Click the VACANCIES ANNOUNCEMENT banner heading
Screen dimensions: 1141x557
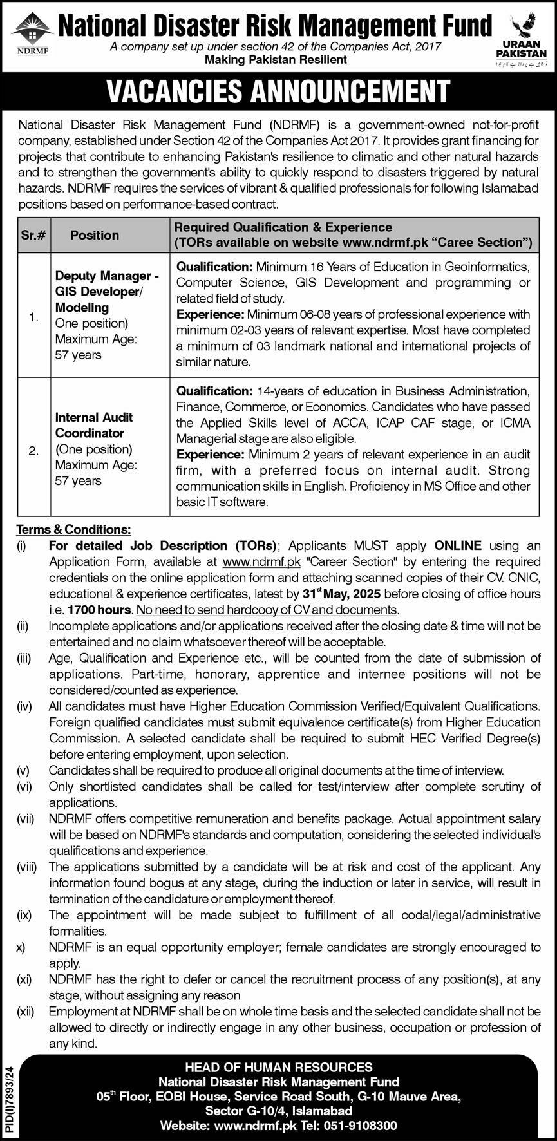point(278,91)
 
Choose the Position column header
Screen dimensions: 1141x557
point(95,235)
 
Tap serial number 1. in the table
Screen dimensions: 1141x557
point(33,317)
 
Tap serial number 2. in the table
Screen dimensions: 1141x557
point(33,451)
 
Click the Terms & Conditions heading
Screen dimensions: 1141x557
point(73,529)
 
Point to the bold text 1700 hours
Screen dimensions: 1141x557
point(99,609)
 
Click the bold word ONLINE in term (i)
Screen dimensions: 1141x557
point(458,545)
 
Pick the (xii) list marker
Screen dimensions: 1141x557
point(25,1012)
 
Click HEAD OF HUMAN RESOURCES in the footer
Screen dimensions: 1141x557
point(279,1067)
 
